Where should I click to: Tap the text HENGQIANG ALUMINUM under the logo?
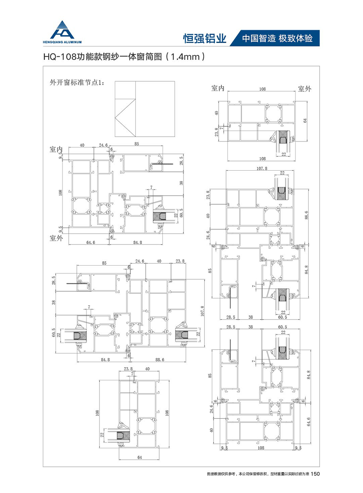(x=62, y=42)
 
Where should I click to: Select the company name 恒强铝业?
(x=205, y=38)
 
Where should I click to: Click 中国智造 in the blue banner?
(x=259, y=38)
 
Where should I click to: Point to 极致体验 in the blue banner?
(x=295, y=38)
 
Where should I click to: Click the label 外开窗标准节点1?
(x=76, y=83)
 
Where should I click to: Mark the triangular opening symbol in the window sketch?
(x=125, y=117)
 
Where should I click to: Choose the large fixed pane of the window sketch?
(x=155, y=109)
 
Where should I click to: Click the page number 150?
(x=315, y=473)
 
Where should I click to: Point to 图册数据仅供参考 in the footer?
(x=221, y=474)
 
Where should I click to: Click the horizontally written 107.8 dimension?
(x=262, y=168)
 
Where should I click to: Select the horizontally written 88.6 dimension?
(x=160, y=360)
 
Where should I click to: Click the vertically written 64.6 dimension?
(x=309, y=422)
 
